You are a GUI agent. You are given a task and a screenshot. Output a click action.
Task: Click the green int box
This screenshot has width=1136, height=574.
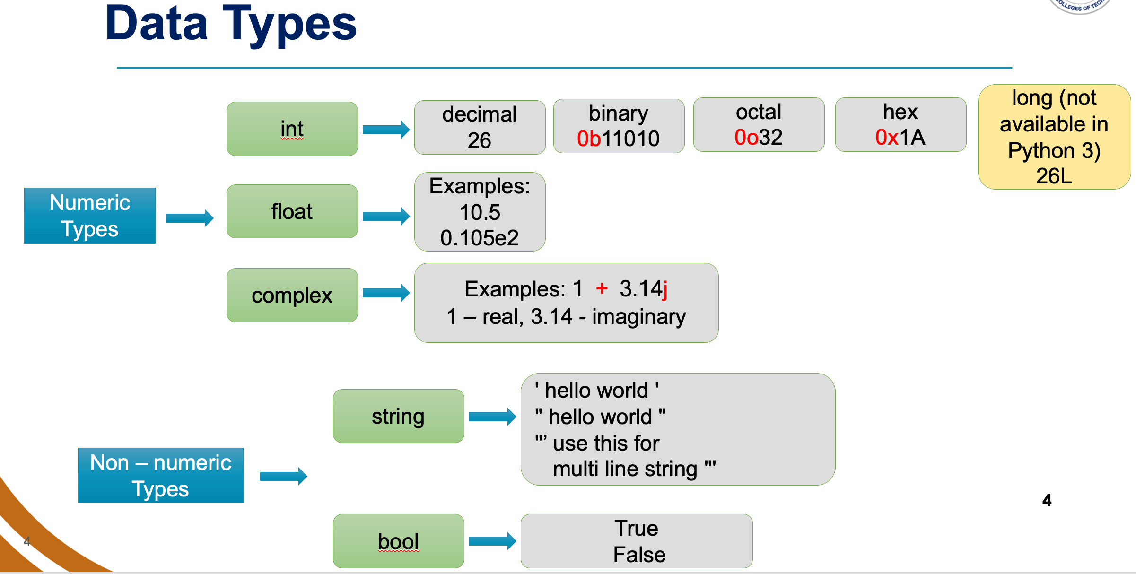[292, 129]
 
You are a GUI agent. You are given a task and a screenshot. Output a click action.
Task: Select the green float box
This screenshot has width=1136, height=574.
[292, 211]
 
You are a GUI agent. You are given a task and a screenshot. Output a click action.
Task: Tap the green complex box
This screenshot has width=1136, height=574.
[292, 296]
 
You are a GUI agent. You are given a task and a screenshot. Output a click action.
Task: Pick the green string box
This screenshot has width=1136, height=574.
[398, 416]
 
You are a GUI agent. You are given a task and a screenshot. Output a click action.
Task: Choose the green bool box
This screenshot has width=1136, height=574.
[398, 541]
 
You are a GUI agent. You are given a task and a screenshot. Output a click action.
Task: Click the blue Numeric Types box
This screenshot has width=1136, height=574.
[90, 216]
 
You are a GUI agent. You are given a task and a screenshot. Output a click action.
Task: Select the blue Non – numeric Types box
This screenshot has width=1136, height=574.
[161, 475]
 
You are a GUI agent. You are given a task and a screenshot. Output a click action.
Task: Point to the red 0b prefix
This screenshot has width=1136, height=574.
[589, 139]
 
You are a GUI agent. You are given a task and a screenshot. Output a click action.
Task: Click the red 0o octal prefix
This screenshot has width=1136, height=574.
[746, 137]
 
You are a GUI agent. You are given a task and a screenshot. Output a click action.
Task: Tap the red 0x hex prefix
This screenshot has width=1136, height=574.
[887, 137]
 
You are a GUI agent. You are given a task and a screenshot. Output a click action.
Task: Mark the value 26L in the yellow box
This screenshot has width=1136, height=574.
[1054, 176]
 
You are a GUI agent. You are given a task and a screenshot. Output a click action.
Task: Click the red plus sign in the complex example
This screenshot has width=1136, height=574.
[602, 288]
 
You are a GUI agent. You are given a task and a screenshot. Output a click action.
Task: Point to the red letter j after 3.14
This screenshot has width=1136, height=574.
[665, 289]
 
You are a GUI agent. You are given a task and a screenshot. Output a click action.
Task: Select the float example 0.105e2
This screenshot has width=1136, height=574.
[480, 237]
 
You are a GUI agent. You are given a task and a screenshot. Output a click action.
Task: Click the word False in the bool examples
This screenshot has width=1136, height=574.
[639, 555]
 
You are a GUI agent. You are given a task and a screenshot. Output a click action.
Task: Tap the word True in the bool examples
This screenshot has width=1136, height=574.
[637, 528]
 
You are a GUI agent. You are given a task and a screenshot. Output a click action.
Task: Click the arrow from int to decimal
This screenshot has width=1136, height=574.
[386, 130]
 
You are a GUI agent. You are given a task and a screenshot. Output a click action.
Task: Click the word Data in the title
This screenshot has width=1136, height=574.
[157, 24]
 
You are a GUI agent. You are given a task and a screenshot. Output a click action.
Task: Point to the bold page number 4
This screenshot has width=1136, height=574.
[1047, 500]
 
